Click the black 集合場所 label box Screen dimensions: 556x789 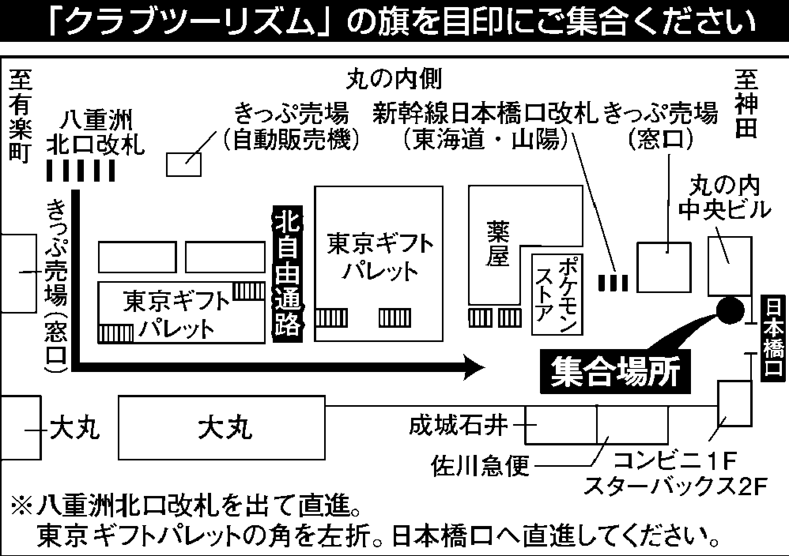coord(615,372)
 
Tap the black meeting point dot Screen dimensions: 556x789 coord(730,311)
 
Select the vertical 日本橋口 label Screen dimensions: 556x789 coord(773,339)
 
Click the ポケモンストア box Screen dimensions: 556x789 coord(557,294)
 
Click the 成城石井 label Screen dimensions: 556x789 coord(459,426)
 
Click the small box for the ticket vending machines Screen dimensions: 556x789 coord(183,165)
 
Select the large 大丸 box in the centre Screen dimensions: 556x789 coord(222,428)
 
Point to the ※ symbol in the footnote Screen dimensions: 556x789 coord(22,507)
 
